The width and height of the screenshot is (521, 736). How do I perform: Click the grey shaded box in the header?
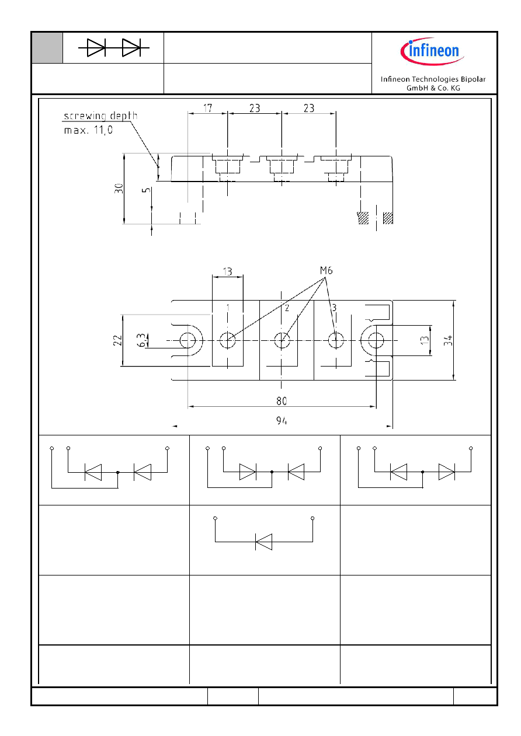[47, 48]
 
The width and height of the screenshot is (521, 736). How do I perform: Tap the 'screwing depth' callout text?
[100, 116]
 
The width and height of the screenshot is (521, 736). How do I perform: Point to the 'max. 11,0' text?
[88, 130]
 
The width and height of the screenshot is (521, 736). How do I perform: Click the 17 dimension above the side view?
[207, 108]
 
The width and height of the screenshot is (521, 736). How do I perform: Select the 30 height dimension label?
[119, 189]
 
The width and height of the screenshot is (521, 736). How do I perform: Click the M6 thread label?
[326, 270]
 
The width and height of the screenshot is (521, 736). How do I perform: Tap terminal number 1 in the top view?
[228, 308]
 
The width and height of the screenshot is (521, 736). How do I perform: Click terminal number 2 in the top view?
[287, 308]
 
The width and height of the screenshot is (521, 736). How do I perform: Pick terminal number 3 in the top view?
[334, 308]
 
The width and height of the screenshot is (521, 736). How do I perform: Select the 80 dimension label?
[282, 401]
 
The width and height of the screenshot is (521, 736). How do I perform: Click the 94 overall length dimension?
[282, 421]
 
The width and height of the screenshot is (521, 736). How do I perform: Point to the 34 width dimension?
[448, 340]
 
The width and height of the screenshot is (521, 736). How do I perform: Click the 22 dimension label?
[117, 340]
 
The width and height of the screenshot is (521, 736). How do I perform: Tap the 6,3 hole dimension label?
[141, 340]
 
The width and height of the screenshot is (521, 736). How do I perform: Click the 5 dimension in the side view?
[147, 190]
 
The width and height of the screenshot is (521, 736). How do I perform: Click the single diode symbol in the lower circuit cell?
[263, 542]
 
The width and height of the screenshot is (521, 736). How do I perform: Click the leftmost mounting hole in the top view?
[187, 340]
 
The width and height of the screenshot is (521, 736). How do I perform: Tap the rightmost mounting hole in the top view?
[376, 340]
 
